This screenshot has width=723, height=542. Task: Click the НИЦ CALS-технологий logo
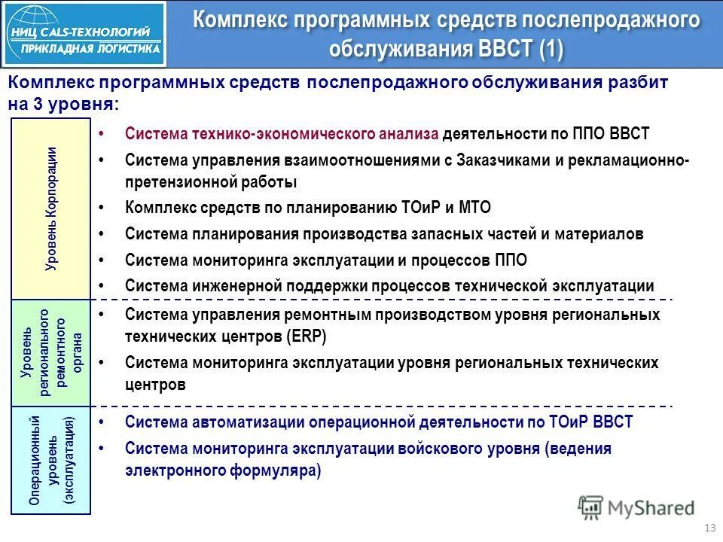pos(84,33)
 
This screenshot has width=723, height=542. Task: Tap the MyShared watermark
pos(636,507)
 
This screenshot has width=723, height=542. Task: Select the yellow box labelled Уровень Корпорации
pos(50,209)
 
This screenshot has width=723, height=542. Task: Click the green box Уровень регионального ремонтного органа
pos(50,352)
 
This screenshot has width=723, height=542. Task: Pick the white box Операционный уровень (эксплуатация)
pos(50,461)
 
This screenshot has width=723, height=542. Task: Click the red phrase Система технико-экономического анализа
pos(281,134)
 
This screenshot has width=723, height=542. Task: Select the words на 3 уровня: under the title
pos(63,104)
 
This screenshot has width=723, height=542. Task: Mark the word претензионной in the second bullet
pos(178,181)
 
